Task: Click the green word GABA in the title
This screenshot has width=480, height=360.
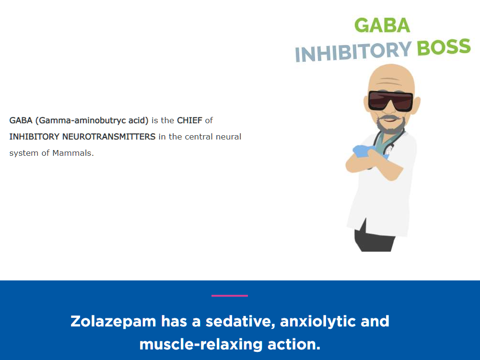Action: pos(382,25)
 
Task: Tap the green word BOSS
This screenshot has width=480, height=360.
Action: pos(444,47)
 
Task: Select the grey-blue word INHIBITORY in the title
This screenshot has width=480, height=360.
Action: pos(353,52)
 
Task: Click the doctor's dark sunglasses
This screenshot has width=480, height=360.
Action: pos(390,101)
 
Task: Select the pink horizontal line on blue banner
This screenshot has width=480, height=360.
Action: pos(230,296)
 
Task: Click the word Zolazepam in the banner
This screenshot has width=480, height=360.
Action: pos(113,322)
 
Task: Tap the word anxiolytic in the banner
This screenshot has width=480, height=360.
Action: pos(317,322)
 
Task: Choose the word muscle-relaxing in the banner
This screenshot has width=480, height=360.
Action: pos(201,344)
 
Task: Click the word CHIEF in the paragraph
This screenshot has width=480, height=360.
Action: pos(189,120)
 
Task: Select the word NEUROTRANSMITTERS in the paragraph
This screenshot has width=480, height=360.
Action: pos(109,137)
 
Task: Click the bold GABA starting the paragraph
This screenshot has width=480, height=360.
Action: pos(21,120)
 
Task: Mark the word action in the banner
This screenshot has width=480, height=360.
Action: pos(294,344)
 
